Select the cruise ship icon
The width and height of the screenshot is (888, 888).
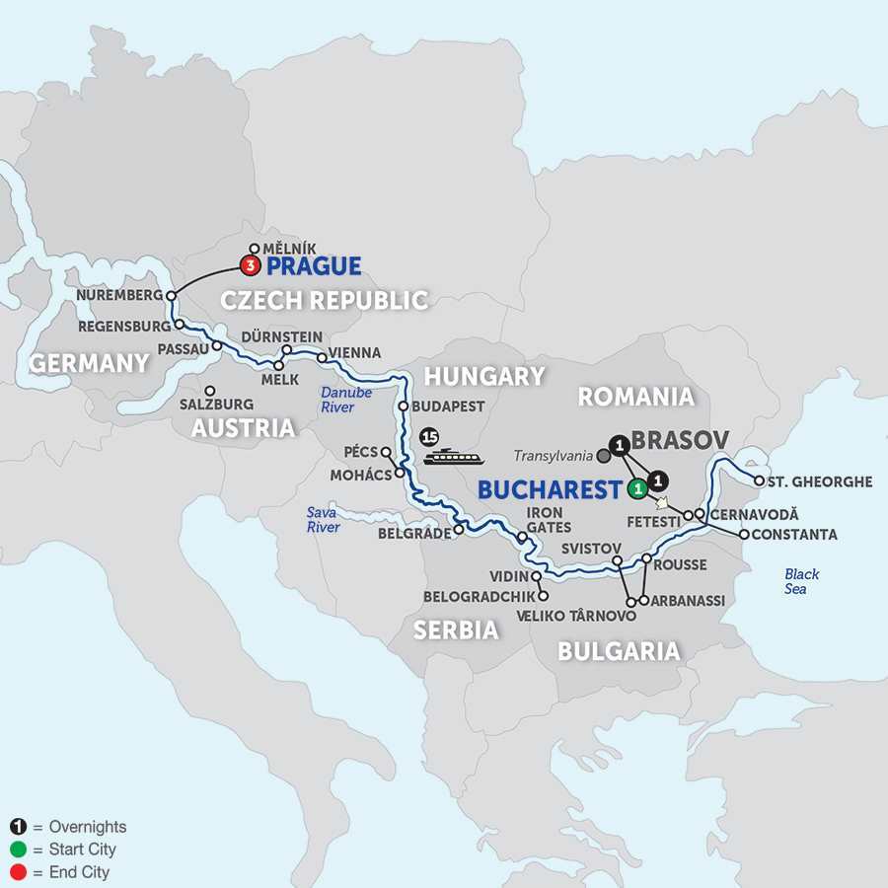click(453, 456)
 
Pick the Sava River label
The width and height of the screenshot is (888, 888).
click(322, 520)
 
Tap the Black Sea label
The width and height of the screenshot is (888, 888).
click(801, 581)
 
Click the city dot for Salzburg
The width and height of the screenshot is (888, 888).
click(208, 389)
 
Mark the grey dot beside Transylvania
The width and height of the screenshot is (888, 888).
click(603, 456)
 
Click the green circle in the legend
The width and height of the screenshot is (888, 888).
click(18, 850)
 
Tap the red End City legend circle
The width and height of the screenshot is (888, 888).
click(18, 872)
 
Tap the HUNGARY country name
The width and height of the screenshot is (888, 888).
click(483, 376)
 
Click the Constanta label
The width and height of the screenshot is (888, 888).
click(793, 535)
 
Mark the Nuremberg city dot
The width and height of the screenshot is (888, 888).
click(171, 295)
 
